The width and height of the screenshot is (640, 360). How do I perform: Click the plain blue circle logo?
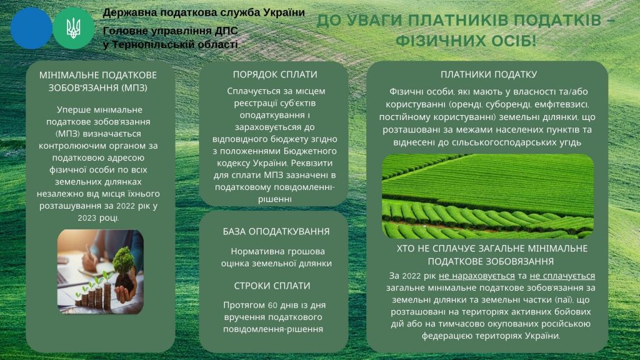point(31,28)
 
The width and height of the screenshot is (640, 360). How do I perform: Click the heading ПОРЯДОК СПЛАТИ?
point(275,74)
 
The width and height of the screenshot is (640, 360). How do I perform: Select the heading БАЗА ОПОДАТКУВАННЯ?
point(276,231)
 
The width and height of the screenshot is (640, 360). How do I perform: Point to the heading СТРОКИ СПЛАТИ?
point(272,286)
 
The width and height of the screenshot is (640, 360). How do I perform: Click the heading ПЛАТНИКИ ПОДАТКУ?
point(489,74)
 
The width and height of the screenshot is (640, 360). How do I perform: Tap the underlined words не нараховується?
point(477,276)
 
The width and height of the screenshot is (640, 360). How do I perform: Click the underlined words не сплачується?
point(562,276)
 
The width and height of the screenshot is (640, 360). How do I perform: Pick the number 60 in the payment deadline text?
point(272,305)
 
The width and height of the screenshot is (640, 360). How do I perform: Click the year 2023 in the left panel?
point(86,218)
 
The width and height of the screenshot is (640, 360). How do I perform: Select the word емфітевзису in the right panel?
point(564,105)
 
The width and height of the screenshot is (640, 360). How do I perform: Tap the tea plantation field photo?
point(487,196)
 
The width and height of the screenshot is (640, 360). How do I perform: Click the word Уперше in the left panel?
point(71,110)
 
